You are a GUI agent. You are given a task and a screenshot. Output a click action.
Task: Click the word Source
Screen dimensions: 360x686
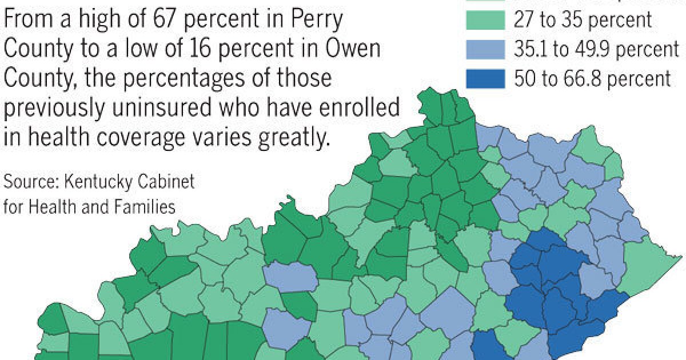(30, 183)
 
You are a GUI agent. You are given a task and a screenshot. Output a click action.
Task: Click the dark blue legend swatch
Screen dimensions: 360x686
(485, 78)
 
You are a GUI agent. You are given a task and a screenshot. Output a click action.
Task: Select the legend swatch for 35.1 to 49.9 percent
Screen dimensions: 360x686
(485, 49)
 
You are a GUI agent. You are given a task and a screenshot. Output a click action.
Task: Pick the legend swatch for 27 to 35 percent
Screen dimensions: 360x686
(485, 20)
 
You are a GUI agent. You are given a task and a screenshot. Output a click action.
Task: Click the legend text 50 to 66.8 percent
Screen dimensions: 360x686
(592, 78)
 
